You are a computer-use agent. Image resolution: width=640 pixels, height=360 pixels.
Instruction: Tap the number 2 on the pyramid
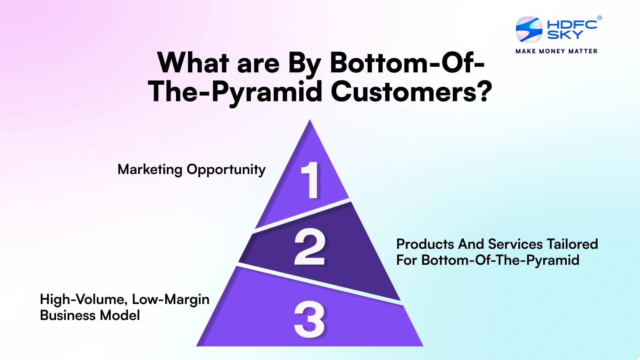coord(310,247)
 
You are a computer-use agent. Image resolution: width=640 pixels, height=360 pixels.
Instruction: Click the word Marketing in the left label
coord(150,170)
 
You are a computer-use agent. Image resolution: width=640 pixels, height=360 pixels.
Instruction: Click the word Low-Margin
coord(171,300)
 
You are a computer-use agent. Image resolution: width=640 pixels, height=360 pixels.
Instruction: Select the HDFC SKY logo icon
coord(529,29)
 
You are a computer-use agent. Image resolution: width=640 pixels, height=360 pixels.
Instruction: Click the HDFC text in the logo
coord(572,24)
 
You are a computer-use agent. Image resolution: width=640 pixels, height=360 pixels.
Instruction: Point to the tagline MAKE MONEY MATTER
coord(556,51)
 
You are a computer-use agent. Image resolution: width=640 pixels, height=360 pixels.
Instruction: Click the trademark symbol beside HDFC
coord(599,18)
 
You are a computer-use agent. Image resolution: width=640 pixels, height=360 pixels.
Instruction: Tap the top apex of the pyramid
coord(310,122)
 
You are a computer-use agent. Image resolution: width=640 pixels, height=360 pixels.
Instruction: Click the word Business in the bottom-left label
coord(68,316)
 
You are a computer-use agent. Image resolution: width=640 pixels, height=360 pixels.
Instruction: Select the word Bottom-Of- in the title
coord(407,63)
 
